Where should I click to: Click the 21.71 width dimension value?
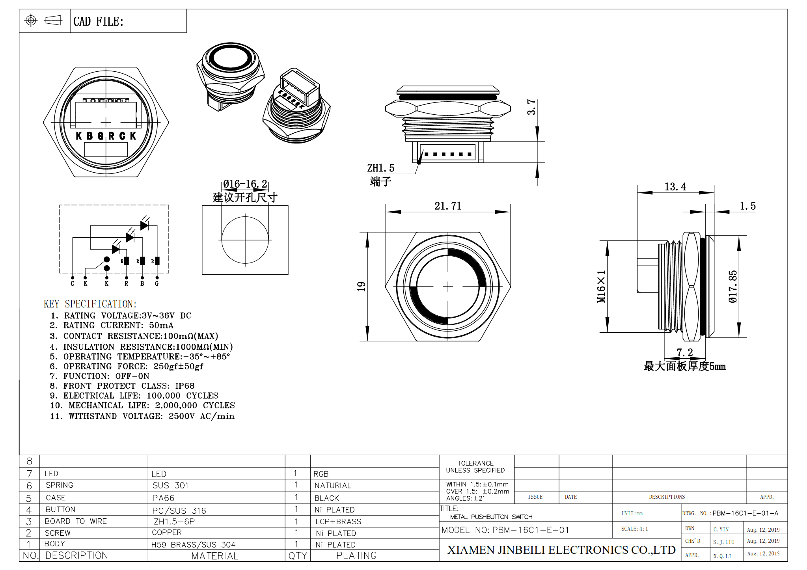pyautogui.click(x=447, y=206)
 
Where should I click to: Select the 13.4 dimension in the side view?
pyautogui.click(x=675, y=186)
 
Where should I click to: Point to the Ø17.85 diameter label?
pyautogui.click(x=732, y=287)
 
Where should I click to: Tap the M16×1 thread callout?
pyautogui.click(x=601, y=287)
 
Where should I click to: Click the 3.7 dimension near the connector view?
pyautogui.click(x=531, y=107)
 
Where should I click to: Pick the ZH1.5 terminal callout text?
pyautogui.click(x=380, y=168)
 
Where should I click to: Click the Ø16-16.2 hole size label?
pyautogui.click(x=245, y=184)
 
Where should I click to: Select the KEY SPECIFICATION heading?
pyautogui.click(x=90, y=304)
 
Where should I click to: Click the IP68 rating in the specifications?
pyautogui.click(x=185, y=386)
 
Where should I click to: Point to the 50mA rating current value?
pyautogui.click(x=161, y=325)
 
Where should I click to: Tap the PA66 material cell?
pyautogui.click(x=163, y=498)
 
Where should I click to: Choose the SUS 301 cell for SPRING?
pyautogui.click(x=170, y=485)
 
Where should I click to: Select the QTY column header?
pyautogui.click(x=298, y=556)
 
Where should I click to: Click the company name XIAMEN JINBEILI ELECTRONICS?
pyautogui.click(x=561, y=550)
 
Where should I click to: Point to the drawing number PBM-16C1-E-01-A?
pyautogui.click(x=745, y=513)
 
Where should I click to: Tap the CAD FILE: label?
pyautogui.click(x=98, y=21)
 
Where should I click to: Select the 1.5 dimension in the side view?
pyautogui.click(x=747, y=206)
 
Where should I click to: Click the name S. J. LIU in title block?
pyautogui.click(x=723, y=542)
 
